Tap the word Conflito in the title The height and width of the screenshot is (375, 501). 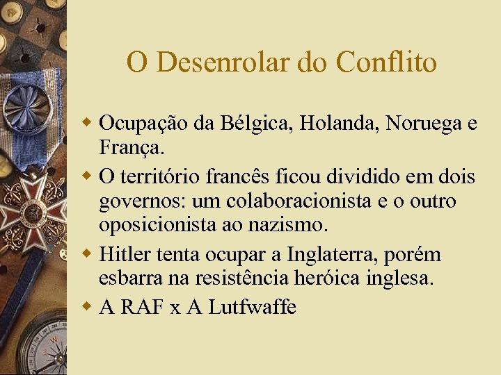[x=386, y=62]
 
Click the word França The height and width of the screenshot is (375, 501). [x=132, y=148]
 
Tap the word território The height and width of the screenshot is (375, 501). [x=158, y=177]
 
